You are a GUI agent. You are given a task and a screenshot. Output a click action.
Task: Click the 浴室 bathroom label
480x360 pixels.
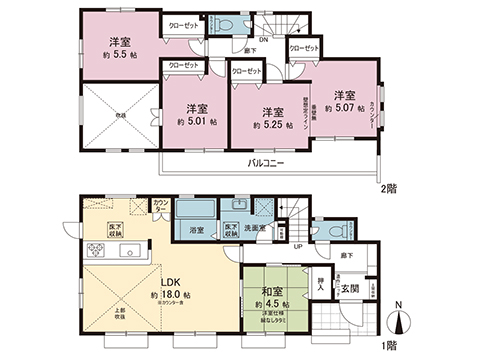click(197, 230)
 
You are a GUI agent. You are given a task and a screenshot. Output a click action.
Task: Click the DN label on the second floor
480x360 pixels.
click(263, 41)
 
